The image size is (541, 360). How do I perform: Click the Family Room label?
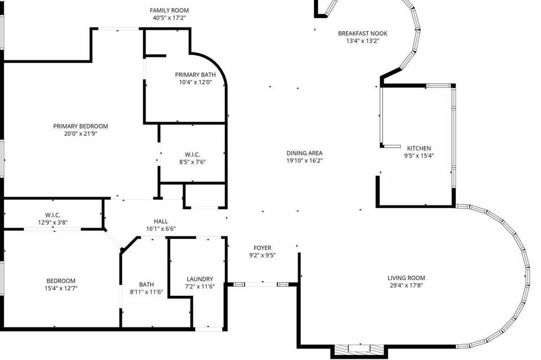[x=169, y=10]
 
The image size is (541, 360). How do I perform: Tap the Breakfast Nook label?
[x=362, y=33]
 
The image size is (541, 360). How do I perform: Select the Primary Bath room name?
[x=195, y=75]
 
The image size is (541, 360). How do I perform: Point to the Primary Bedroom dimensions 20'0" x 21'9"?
[x=81, y=134]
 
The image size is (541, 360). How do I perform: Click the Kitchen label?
[x=419, y=148]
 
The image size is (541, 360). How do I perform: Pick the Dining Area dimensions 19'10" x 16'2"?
[x=304, y=161]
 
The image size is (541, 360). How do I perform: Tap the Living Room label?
[x=406, y=278]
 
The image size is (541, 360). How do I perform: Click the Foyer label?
[x=262, y=248]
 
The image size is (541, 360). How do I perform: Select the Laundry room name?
[x=200, y=279]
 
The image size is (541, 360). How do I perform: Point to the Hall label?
[x=161, y=221]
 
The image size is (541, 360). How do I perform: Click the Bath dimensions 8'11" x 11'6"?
[x=147, y=292]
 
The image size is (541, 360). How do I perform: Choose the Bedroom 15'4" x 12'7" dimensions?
[x=61, y=288]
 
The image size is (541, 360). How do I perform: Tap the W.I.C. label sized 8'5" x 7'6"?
[x=193, y=154]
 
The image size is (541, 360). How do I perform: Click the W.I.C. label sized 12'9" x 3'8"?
[x=53, y=215]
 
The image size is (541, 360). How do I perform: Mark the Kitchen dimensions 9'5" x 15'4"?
[x=419, y=155]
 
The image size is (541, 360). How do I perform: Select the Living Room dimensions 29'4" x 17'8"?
[x=406, y=285]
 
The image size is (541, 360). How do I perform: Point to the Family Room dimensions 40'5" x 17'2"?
[x=169, y=17]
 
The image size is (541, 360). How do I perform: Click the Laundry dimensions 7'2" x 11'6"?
[x=200, y=286]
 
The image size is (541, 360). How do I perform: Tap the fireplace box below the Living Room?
[x=358, y=349]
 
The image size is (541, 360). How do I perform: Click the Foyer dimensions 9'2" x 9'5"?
[x=262, y=255]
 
